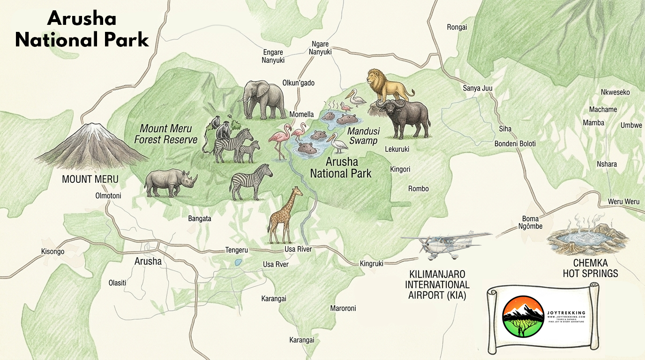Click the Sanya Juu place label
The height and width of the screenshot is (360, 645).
pyautogui.click(x=478, y=88)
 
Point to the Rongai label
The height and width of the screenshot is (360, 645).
pyautogui.click(x=457, y=27)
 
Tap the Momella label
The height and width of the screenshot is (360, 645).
pyautogui.click(x=301, y=114)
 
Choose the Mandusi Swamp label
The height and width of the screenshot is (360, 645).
pyautogui.click(x=363, y=136)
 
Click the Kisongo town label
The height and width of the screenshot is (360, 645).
pyautogui.click(x=52, y=252)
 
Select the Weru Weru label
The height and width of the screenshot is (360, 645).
pyautogui.click(x=623, y=202)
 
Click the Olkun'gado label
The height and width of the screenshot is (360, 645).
pyautogui.click(x=298, y=83)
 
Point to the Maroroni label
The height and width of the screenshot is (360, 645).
pyautogui.click(x=343, y=308)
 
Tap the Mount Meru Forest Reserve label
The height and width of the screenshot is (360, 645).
pyautogui.click(x=165, y=134)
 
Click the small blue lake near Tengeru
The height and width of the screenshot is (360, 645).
pyautogui.click(x=239, y=262)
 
